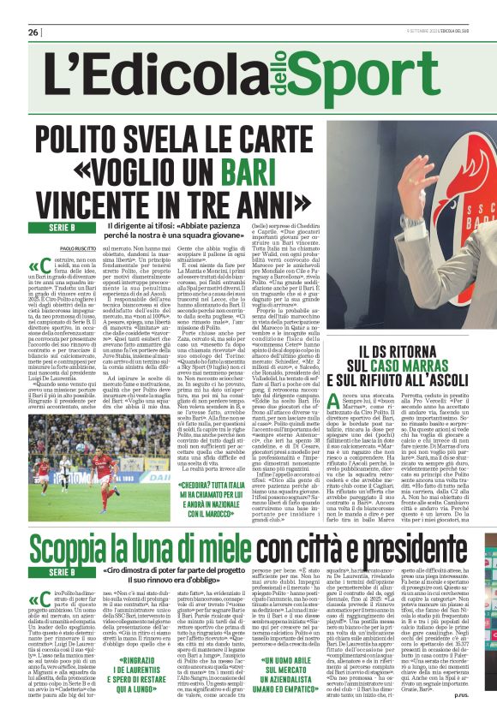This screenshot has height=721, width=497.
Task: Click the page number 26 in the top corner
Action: pos(33,33)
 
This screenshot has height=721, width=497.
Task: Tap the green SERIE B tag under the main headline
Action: pos(62,226)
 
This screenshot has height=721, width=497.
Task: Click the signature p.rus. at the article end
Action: pos(476,706)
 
